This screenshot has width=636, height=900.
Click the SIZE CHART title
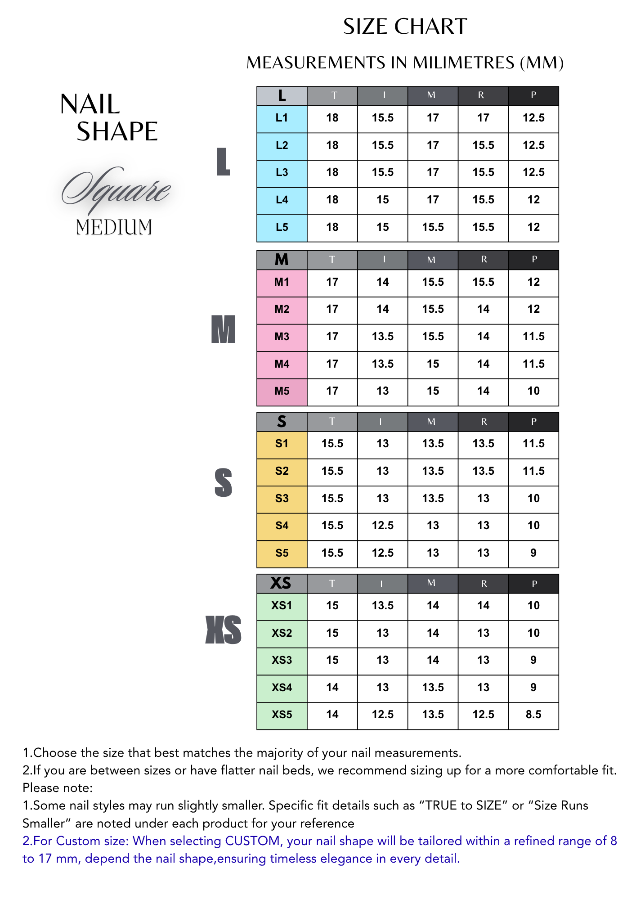pos(405,27)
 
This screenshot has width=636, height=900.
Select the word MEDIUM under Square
pos(114,227)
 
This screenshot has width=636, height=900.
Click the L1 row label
pos(282,118)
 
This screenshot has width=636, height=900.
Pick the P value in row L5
pos(533,227)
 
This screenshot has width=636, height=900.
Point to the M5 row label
pos(282,391)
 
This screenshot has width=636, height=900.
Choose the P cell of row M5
pos(533,391)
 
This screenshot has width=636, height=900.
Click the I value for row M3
pos(382,337)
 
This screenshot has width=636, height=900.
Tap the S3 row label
pos(282,499)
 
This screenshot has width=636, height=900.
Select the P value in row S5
pos(533,553)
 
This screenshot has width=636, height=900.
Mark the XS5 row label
pos(282,715)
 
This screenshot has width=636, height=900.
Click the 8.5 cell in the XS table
pos(533,715)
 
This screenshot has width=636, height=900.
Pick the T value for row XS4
pos(332,688)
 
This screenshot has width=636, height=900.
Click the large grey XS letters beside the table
pos(224,630)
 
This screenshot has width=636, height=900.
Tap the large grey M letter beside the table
pos(224,329)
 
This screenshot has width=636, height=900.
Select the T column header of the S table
pos(332,422)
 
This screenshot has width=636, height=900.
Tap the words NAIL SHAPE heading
pos(109,117)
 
